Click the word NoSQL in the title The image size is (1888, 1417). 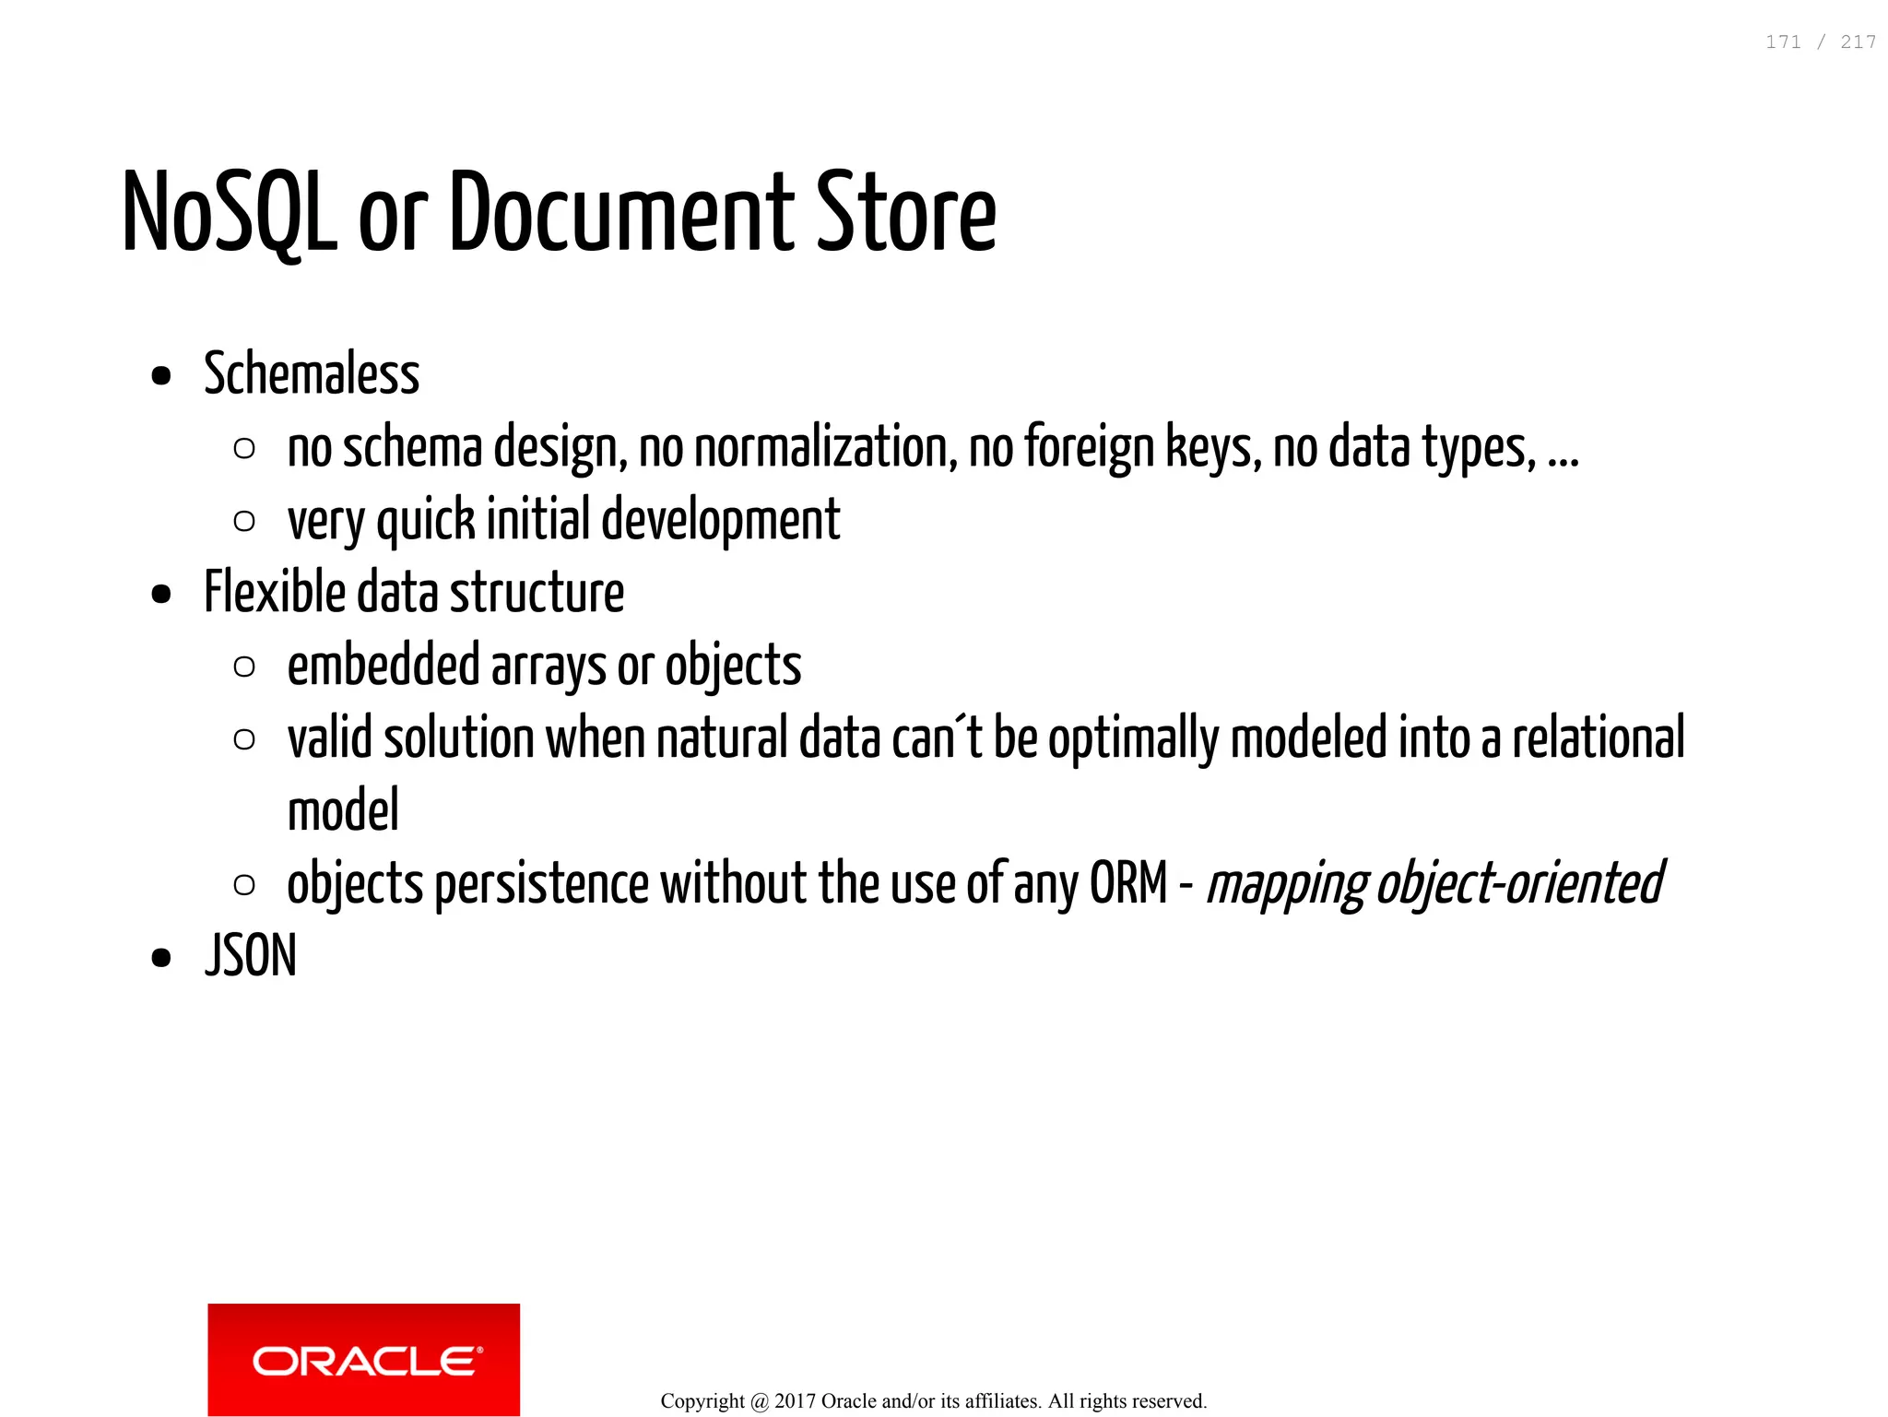click(230, 213)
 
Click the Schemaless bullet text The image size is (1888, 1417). click(312, 374)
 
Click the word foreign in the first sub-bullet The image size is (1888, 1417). click(1089, 448)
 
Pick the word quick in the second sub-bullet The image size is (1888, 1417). click(426, 521)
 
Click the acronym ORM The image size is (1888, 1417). click(1128, 883)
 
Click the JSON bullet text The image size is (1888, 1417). click(251, 956)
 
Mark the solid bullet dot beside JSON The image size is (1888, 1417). click(161, 958)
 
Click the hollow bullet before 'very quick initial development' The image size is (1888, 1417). click(244, 522)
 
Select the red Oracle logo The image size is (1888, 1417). click(363, 1359)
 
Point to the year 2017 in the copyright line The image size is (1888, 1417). click(795, 1401)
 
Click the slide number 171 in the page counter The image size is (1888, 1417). click(1783, 42)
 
